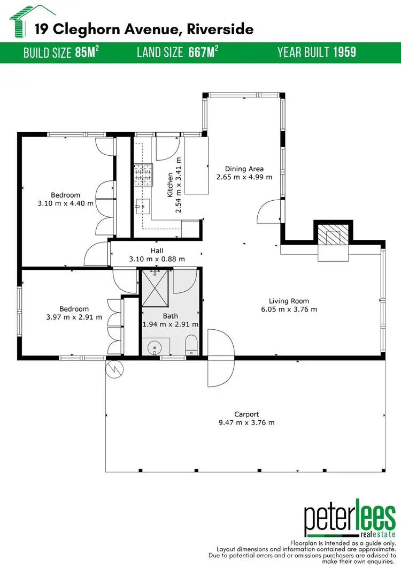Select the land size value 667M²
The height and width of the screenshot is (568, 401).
[x=203, y=52]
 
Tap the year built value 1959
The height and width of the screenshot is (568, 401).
[x=344, y=52]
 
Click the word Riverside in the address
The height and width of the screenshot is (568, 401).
[x=220, y=29]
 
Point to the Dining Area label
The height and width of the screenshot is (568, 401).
[x=244, y=169]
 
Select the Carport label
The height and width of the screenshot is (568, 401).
[x=246, y=414]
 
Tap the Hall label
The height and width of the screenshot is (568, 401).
[x=157, y=251]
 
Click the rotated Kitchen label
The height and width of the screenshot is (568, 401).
[x=171, y=185]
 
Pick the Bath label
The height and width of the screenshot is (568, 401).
[x=170, y=316]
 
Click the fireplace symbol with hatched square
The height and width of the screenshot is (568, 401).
[x=332, y=234]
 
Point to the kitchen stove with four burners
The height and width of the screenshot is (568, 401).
[x=142, y=172]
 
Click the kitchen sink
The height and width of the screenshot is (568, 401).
[x=142, y=203]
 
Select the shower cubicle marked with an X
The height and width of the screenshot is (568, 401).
[x=156, y=289]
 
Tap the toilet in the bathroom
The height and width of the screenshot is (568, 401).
[x=191, y=345]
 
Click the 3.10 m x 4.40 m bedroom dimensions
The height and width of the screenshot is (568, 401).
[x=65, y=203]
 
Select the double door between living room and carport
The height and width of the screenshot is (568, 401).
[x=221, y=357]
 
